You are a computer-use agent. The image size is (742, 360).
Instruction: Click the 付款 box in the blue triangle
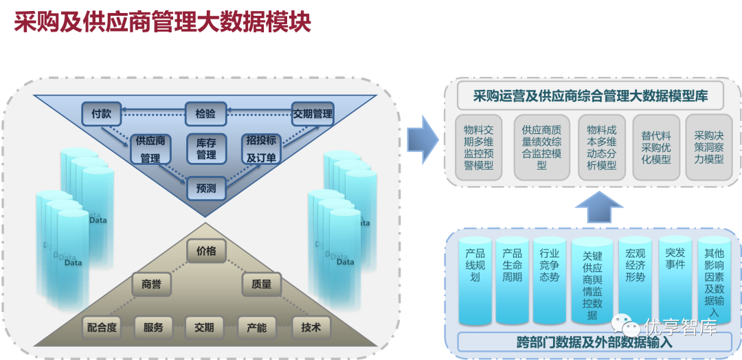(101, 114)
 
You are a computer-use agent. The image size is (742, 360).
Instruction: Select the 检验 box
(205, 114)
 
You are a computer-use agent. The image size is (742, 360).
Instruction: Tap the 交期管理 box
(313, 114)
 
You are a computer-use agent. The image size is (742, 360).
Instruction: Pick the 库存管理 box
(206, 149)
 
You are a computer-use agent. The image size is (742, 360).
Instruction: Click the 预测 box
(206, 188)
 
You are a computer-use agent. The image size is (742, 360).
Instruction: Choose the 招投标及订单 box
(262, 149)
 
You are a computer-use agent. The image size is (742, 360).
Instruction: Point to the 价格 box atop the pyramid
(206, 251)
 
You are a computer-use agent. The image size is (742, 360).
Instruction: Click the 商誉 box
(151, 284)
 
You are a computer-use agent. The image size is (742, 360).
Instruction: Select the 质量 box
(262, 284)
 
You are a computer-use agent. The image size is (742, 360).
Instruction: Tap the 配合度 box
(101, 328)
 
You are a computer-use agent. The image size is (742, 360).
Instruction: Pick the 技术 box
(311, 328)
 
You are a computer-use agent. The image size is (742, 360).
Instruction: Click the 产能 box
(256, 328)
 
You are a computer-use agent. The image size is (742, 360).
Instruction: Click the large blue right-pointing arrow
(421, 141)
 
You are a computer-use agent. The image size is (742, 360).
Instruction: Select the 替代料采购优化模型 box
(656, 148)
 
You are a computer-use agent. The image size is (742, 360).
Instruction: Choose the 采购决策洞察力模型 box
(709, 148)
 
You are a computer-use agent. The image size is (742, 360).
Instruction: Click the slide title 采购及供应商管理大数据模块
(163, 22)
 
